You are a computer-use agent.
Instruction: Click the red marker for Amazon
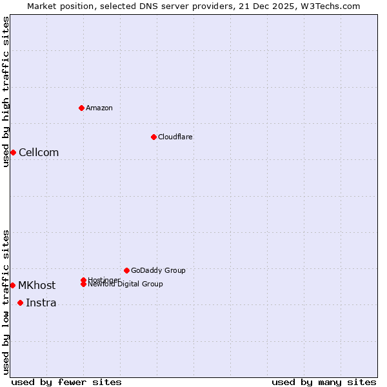(x=82, y=108)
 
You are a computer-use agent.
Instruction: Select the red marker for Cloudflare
(x=154, y=137)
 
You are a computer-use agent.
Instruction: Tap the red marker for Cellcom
(x=13, y=152)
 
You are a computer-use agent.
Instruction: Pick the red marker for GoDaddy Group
(x=126, y=270)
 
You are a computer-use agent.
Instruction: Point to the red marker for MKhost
(x=12, y=285)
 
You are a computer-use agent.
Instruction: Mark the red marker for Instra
(x=20, y=303)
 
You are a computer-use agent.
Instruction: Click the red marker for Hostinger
(x=84, y=280)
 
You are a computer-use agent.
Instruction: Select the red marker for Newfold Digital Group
(x=84, y=284)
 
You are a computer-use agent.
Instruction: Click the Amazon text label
(x=99, y=108)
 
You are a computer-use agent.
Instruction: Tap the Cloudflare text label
(x=175, y=137)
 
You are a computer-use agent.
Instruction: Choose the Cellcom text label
(x=39, y=152)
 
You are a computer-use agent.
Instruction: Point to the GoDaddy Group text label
(x=158, y=270)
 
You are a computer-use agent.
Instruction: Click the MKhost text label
(x=37, y=285)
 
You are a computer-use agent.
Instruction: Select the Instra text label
(x=41, y=303)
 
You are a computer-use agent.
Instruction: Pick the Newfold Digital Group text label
(x=126, y=284)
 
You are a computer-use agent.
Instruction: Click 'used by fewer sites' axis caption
(x=66, y=382)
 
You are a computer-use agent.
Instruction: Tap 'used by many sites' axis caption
(x=324, y=382)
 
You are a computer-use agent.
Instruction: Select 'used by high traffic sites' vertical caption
(x=6, y=92)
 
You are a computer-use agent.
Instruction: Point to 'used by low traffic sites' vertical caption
(x=6, y=301)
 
